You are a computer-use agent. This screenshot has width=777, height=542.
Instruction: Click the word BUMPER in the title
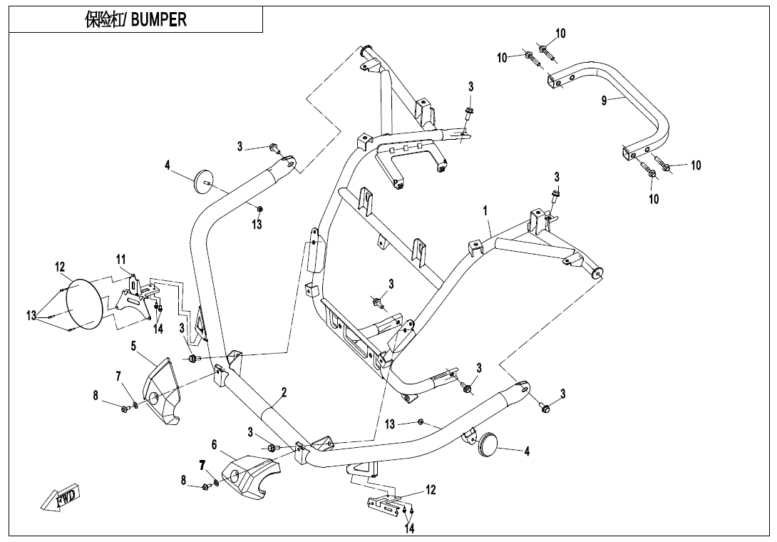158,20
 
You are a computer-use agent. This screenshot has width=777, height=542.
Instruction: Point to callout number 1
485,211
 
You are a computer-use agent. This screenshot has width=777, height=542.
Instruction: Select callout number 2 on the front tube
284,392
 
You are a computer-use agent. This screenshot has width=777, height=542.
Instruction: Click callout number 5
133,346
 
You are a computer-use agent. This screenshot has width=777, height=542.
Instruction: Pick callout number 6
214,444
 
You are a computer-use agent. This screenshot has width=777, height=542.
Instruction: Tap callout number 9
604,101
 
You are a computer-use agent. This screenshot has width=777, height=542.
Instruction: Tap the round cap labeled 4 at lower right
489,442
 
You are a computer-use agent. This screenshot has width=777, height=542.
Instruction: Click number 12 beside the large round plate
60,267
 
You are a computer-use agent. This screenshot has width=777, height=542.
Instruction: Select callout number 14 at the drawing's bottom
410,528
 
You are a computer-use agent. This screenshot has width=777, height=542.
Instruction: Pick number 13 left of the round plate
32,316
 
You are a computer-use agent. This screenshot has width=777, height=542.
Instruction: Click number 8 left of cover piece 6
184,481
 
